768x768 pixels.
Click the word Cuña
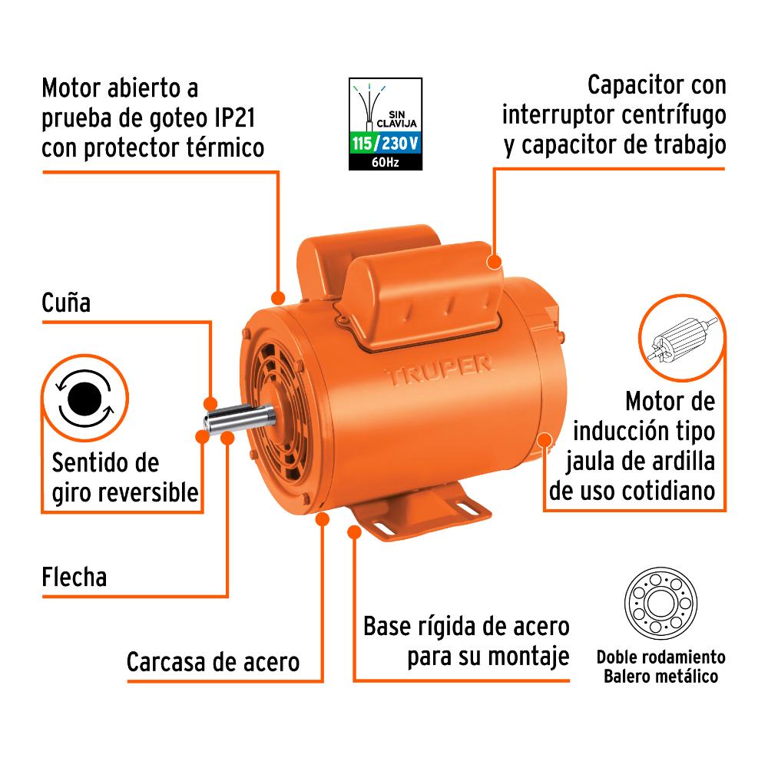click(x=66, y=302)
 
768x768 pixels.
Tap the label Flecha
click(x=74, y=577)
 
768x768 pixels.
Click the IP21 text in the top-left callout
click(x=234, y=118)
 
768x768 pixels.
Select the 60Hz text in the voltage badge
click(x=385, y=161)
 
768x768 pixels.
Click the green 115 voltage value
click(x=362, y=143)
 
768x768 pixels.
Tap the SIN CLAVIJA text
click(x=397, y=119)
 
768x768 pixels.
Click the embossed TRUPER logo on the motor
click(x=439, y=371)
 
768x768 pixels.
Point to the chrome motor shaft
click(x=239, y=419)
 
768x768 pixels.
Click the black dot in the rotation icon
click(x=84, y=399)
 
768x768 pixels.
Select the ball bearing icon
click(x=660, y=604)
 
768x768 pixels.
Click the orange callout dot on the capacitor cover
click(x=494, y=261)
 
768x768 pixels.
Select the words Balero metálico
click(x=660, y=677)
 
